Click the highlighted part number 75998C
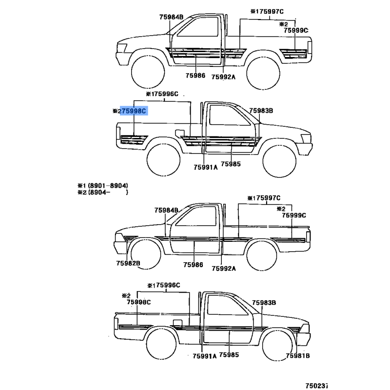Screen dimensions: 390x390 tap(133, 111)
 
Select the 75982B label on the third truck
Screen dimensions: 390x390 tap(128, 264)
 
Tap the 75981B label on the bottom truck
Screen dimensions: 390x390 tap(298, 356)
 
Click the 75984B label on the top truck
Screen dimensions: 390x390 tap(171, 17)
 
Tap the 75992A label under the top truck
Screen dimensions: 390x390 tap(223, 76)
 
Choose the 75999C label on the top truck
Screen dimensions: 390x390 tap(296, 30)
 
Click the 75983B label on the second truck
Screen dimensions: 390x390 tap(261, 111)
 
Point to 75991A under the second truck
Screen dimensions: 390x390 tap(205, 167)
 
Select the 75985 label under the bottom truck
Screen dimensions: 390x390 tap(230, 355)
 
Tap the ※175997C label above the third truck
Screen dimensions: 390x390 tap(264, 198)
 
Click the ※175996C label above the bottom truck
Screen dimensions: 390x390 tap(164, 285)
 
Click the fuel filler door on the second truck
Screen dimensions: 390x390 tap(179, 133)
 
